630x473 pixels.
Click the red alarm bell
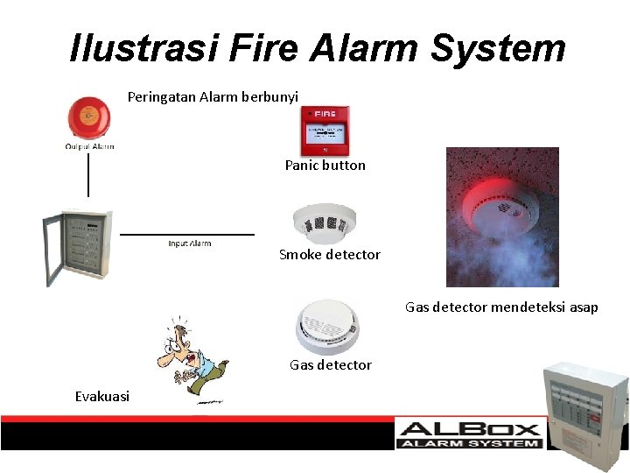pyautogui.click(x=88, y=117)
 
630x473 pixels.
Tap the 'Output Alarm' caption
pyautogui.click(x=89, y=146)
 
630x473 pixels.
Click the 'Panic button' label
pyautogui.click(x=325, y=165)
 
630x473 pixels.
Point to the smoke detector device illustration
pyautogui.click(x=324, y=222)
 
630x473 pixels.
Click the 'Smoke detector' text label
pyautogui.click(x=329, y=255)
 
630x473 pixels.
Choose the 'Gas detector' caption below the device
pyautogui.click(x=330, y=364)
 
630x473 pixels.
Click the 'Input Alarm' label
pyautogui.click(x=189, y=244)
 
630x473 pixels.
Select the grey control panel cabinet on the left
pyautogui.click(x=79, y=248)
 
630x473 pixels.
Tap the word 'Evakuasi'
pyautogui.click(x=101, y=397)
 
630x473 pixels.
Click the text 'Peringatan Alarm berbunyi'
pyautogui.click(x=213, y=96)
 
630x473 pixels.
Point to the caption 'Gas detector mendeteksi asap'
pyautogui.click(x=501, y=307)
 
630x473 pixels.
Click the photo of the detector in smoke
pyautogui.click(x=501, y=216)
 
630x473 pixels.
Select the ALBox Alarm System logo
pyautogui.click(x=468, y=434)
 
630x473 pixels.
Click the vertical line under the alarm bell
pyautogui.click(x=88, y=174)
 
